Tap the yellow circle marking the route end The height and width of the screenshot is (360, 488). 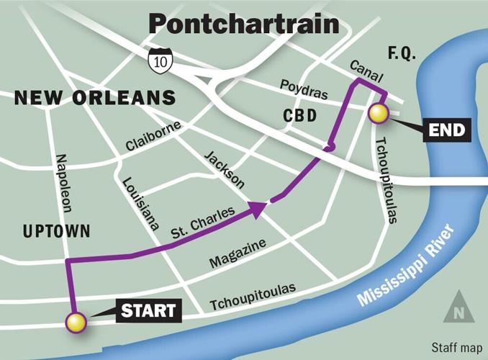point(378,113)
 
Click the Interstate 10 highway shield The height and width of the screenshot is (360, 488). point(158,61)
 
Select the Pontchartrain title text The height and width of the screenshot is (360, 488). point(244,23)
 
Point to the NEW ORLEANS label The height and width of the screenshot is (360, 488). point(95,97)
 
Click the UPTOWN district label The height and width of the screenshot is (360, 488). point(55,231)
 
